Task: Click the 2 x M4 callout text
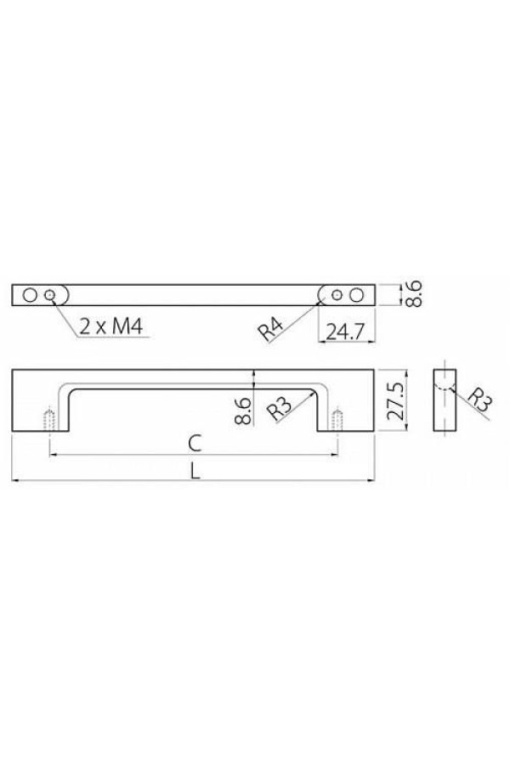(111, 326)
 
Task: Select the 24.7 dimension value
(346, 332)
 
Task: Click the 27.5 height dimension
(397, 401)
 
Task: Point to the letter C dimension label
(195, 444)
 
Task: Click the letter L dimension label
(195, 471)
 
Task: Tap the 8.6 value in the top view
(413, 294)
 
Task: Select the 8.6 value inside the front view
(243, 411)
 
